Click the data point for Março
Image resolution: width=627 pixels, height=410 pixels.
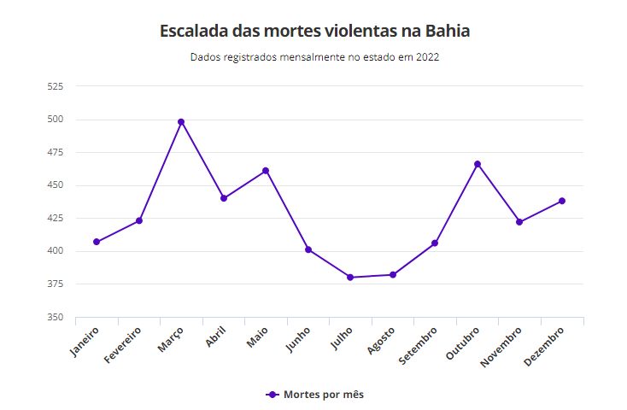[181, 122]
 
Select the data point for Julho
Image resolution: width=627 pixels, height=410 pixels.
[350, 278]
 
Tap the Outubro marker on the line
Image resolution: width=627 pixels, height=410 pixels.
[478, 164]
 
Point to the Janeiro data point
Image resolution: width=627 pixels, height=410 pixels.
[97, 242]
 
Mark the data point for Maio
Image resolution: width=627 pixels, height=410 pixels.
[266, 171]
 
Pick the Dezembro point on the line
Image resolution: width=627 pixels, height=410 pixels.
[562, 202]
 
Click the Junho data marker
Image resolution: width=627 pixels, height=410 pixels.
[308, 249]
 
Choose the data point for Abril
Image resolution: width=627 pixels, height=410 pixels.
[224, 198]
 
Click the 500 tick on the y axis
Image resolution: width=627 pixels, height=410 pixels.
[56, 120]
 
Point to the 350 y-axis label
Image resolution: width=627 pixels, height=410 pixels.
[56, 317]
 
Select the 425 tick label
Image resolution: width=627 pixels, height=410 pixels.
[56, 219]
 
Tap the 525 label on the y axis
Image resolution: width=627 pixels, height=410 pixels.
[56, 86]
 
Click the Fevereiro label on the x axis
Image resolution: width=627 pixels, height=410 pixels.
[124, 344]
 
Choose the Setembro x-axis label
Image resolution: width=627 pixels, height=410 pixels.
[420, 344]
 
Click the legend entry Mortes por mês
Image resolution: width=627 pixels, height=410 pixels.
[315, 395]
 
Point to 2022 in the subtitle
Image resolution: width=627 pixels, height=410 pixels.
[428, 58]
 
